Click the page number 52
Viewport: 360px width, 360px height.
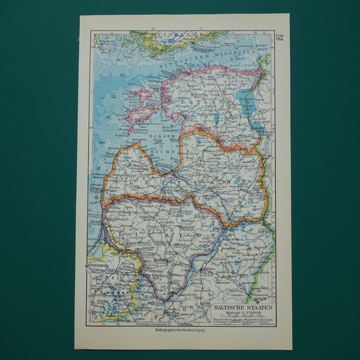[x=280, y=38]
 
